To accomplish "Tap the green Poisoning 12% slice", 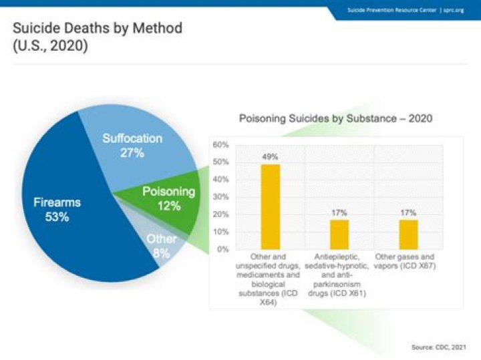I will coord(169,198).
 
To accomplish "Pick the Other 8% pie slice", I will coord(160,245).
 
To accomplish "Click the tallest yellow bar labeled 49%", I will coord(270,206).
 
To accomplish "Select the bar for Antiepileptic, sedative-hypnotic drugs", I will coord(339,234).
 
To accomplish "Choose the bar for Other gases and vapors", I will coord(408,234).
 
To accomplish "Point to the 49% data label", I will coord(270,157).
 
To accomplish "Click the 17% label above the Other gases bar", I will coord(408,212).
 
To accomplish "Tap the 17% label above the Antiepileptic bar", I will coord(339,212).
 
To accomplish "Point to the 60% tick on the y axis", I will coord(220,145).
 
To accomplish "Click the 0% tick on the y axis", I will coord(222,249).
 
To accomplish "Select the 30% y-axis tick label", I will coord(220,197).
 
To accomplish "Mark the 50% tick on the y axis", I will coord(220,162).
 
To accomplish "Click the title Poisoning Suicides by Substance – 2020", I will coord(336,119).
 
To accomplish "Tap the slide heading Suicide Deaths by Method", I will coord(98,29).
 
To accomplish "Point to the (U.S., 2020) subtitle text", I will coord(51,48).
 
